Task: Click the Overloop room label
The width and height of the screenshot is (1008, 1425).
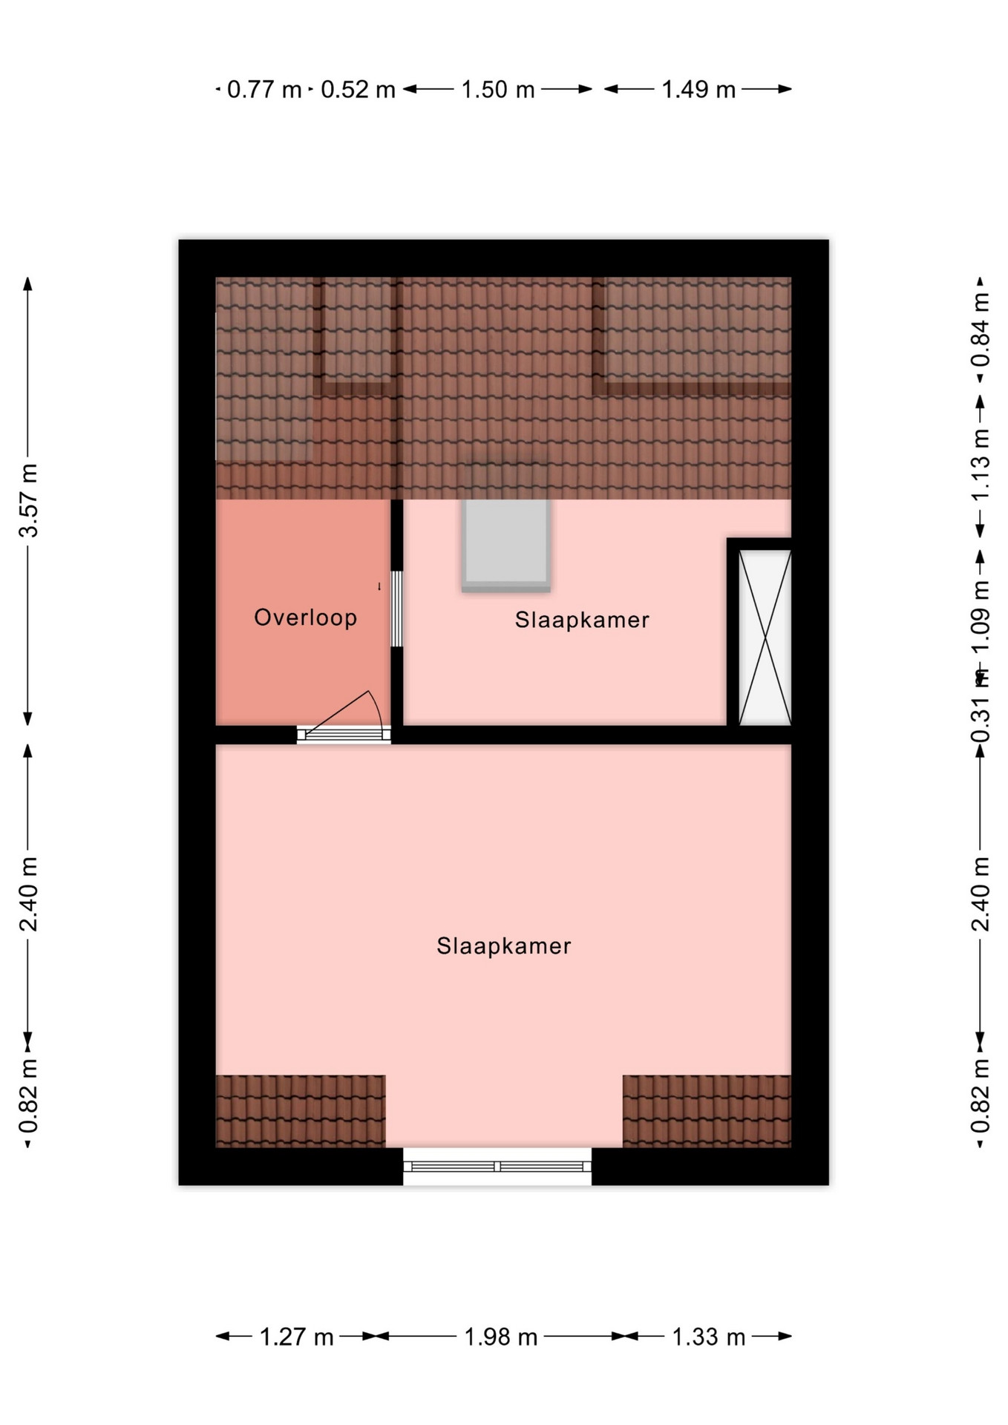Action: (305, 617)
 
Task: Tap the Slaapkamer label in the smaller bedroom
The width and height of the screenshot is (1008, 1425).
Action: (582, 620)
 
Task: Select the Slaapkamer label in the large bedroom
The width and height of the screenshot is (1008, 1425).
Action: (503, 946)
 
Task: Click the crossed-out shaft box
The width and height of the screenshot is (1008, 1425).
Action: (765, 637)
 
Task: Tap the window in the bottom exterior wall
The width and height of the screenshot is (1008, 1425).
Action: (497, 1167)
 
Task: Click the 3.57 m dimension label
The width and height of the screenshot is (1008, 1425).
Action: (28, 500)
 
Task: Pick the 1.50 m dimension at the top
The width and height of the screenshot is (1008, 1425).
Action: (498, 90)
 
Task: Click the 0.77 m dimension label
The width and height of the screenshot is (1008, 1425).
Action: (264, 90)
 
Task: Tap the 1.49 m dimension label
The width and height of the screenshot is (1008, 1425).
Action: (698, 90)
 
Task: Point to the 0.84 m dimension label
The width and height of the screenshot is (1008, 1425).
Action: (981, 330)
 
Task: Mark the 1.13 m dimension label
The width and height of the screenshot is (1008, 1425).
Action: (981, 465)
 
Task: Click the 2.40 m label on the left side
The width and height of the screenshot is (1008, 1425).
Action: (28, 894)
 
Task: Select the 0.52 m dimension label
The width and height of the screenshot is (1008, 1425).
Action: (358, 90)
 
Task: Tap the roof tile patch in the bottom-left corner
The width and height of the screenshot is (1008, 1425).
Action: (301, 1111)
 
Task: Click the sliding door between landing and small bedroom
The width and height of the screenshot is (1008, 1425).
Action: (397, 609)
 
